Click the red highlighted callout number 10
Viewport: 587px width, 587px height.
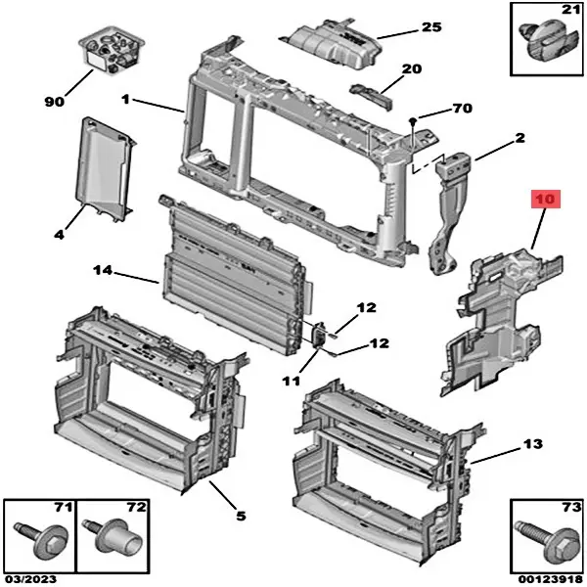tap(544, 200)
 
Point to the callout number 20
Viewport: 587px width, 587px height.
tap(411, 69)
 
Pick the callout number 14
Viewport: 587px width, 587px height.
tap(105, 270)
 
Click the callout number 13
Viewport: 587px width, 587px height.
tap(531, 444)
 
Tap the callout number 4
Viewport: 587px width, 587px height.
tap(59, 235)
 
